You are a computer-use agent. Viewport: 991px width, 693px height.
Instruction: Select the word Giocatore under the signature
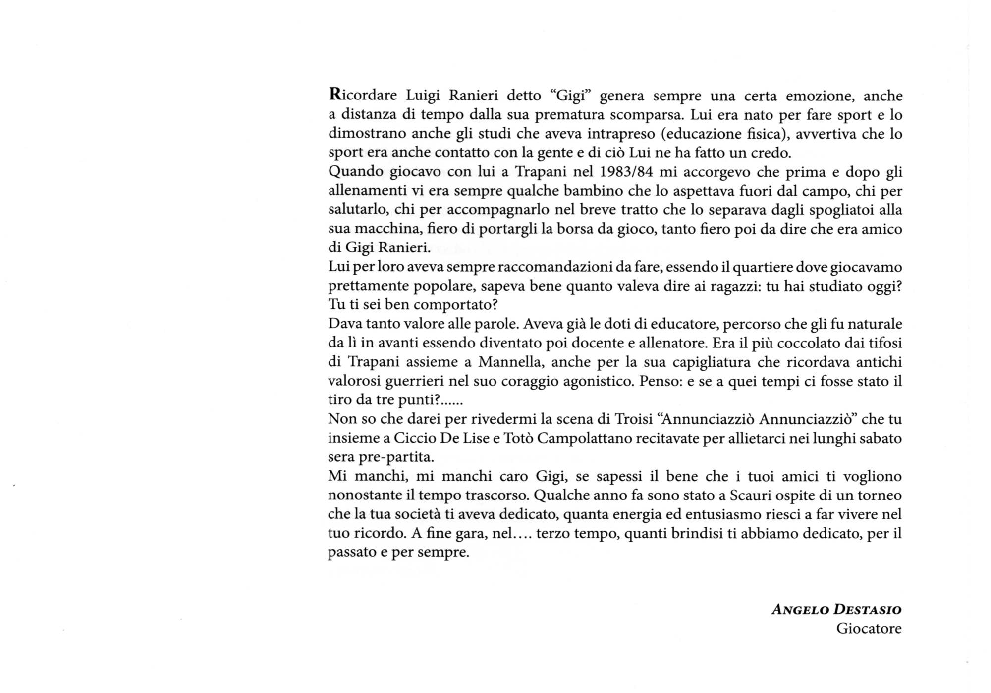pos(869,629)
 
